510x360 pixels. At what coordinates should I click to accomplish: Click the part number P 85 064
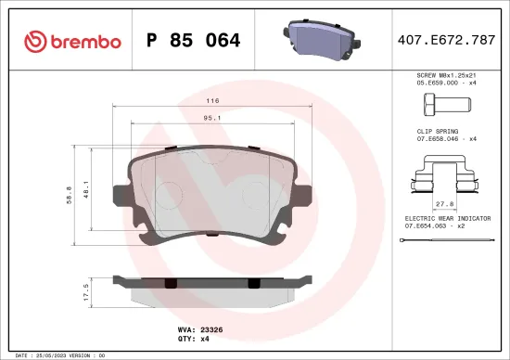[194, 41]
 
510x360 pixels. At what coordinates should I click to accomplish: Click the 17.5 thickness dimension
[86, 292]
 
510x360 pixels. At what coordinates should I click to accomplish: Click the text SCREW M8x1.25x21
[445, 74]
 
